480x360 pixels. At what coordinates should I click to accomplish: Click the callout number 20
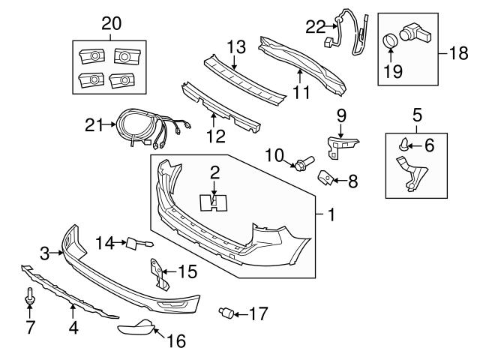pyautogui.click(x=111, y=23)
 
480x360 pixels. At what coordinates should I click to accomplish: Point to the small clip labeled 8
pyautogui.click(x=327, y=178)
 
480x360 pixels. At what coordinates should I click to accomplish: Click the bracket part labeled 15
pyautogui.click(x=160, y=273)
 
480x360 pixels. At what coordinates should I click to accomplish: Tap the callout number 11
pyautogui.click(x=301, y=94)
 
